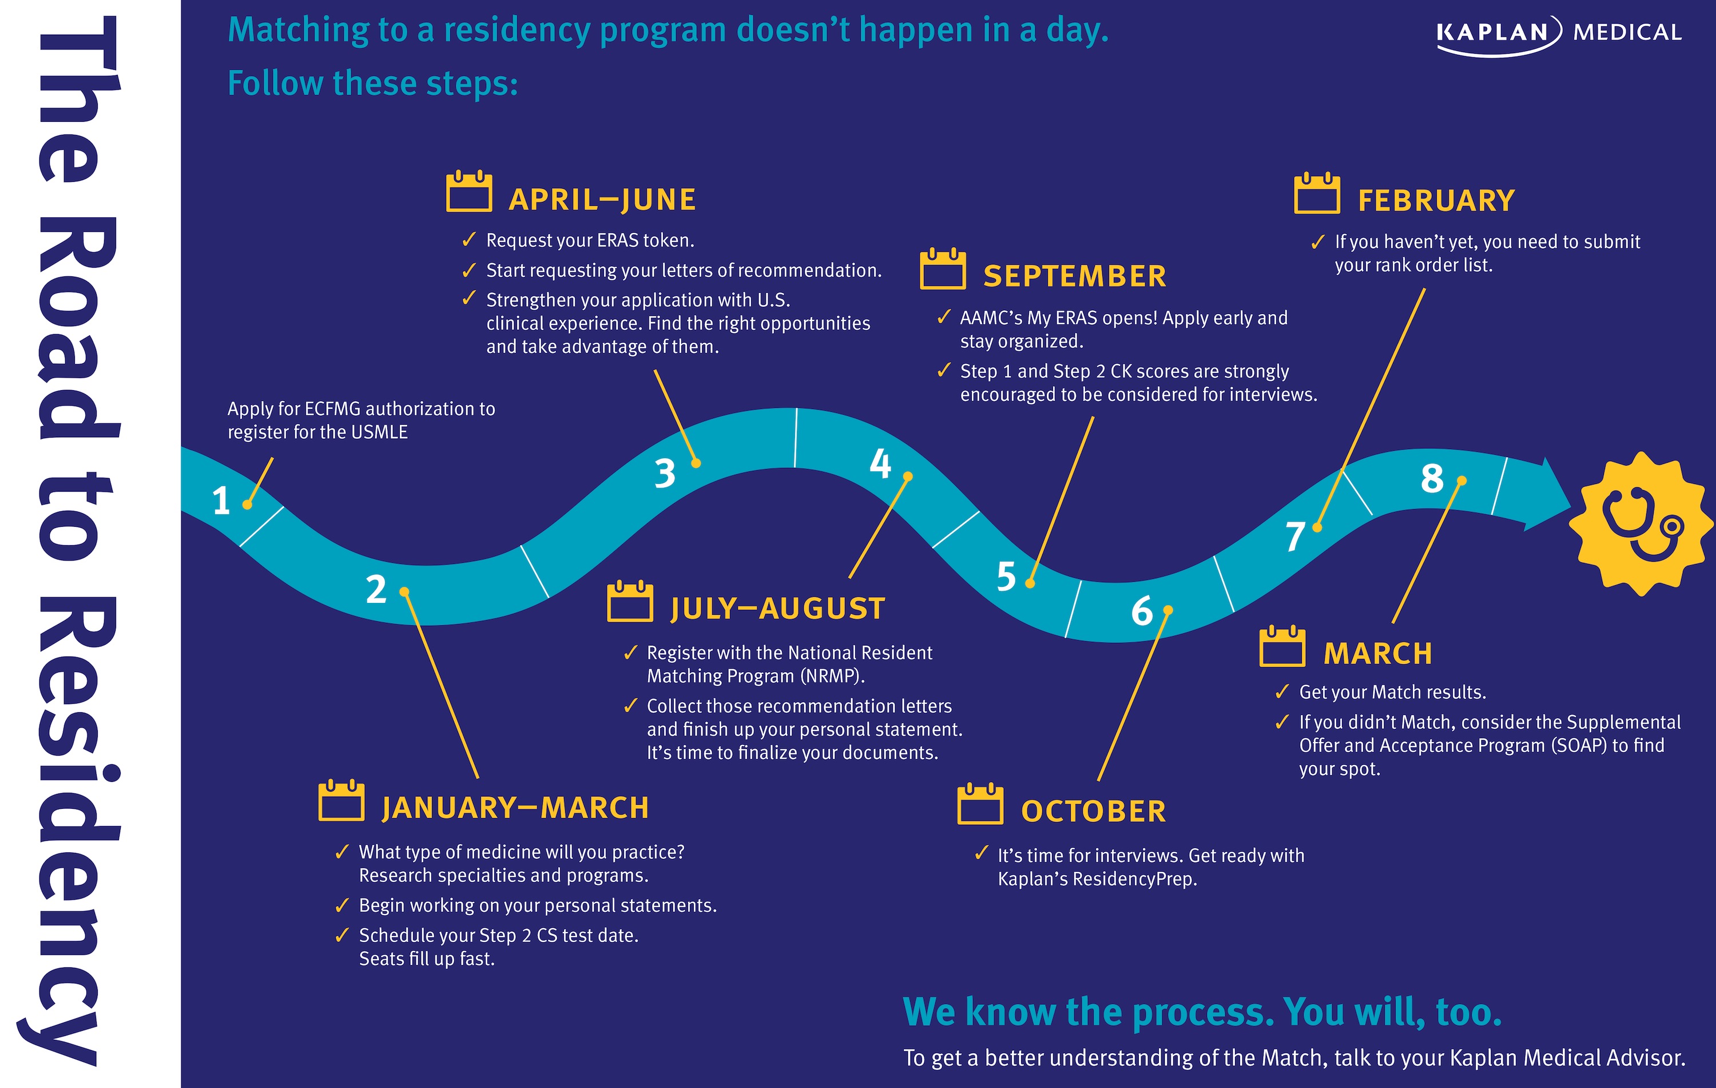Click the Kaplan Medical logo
click(1559, 34)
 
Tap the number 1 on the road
click(221, 501)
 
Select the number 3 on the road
click(665, 474)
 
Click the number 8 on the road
click(1432, 478)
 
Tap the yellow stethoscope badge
click(1642, 524)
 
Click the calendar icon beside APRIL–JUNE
click(469, 191)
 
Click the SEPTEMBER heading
click(1075, 276)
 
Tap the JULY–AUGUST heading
click(777, 609)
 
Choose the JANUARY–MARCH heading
click(515, 808)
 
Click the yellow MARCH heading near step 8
click(1377, 654)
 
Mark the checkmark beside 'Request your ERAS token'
click(469, 240)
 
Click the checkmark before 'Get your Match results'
click(1282, 691)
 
